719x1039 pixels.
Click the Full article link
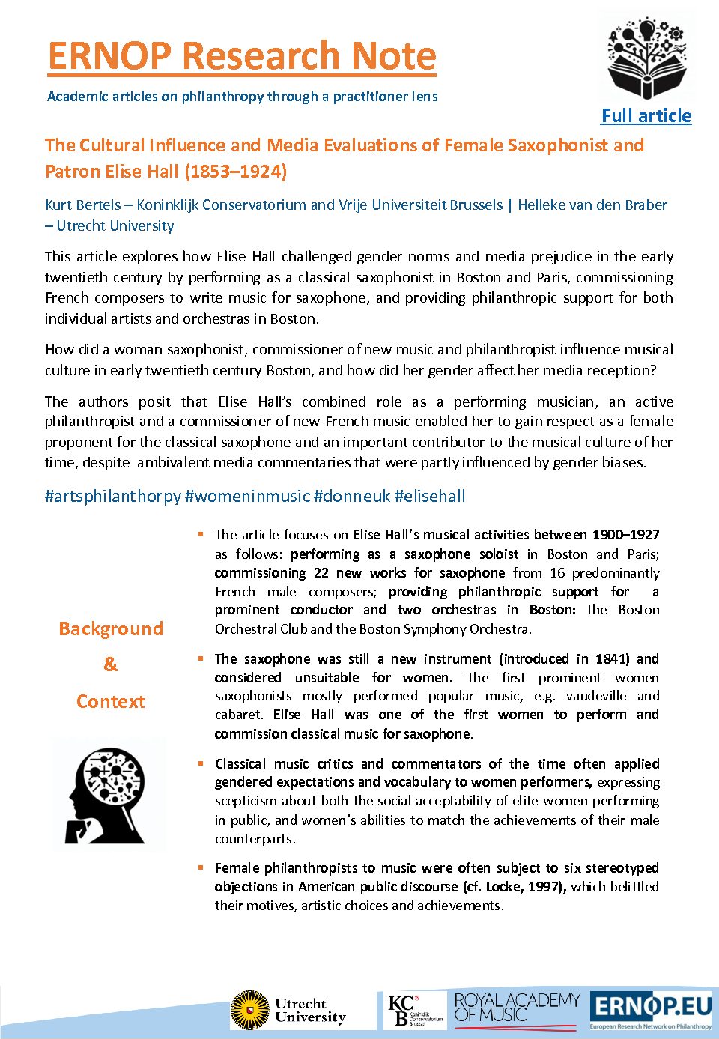pos(646,116)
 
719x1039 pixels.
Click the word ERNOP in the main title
pos(109,56)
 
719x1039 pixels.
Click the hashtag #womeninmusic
pos(247,496)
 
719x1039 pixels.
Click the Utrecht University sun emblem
pos(250,1010)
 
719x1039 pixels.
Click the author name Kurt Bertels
pos(82,205)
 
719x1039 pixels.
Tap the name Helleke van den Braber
pos(592,205)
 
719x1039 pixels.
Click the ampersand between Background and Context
pos(111,664)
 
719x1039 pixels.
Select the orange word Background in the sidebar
pos(111,628)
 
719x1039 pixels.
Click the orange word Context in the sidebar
pos(111,702)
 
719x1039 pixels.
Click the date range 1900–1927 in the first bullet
pos(625,535)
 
